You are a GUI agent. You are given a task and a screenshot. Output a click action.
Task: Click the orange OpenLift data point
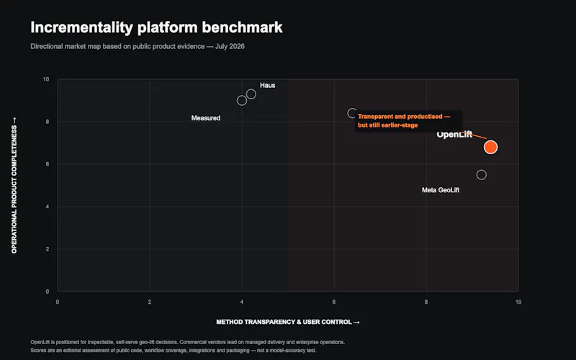[490, 147]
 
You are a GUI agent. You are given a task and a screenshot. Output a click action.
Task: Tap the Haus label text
[267, 85]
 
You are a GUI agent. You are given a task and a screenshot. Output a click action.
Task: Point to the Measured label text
[206, 118]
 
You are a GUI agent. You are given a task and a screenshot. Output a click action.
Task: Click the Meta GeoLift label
[441, 190]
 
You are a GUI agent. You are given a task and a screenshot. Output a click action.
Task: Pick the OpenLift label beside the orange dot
[454, 135]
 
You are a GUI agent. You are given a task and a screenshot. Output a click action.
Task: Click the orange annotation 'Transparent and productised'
[400, 117]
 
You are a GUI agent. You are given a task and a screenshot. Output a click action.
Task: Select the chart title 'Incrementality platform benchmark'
[156, 27]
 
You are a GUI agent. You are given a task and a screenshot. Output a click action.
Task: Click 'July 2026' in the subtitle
[230, 46]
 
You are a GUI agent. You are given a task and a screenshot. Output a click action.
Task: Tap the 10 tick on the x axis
[518, 302]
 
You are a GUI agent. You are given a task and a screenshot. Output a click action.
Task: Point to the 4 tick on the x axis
[242, 302]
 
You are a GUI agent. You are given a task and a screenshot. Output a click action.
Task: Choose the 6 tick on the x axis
[334, 302]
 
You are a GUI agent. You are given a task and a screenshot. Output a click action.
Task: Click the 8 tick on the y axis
[48, 122]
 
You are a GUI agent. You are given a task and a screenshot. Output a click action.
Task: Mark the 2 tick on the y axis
[48, 249]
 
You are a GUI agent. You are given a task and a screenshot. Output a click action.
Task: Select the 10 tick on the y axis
[46, 79]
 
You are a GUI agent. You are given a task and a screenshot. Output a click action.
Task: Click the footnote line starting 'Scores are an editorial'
[174, 351]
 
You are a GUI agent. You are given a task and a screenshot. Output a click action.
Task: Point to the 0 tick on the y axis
[48, 292]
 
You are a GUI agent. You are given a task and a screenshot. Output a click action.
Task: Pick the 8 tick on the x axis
[426, 302]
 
